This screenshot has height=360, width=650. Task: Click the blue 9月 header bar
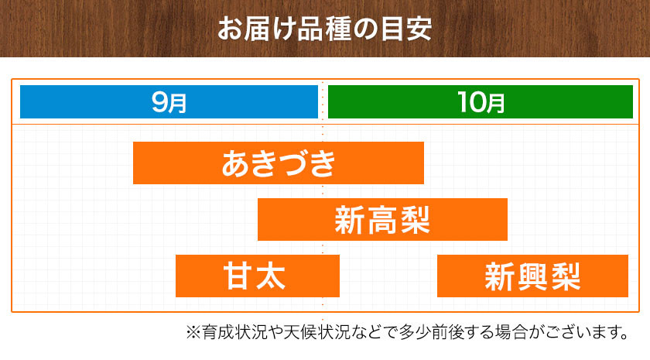[169, 102]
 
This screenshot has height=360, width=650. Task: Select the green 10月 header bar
[481, 102]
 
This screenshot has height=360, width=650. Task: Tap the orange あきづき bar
[279, 163]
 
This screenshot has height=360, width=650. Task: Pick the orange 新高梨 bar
[382, 219]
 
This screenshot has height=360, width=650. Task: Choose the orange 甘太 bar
[258, 276]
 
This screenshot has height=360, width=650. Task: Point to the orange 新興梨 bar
[532, 276]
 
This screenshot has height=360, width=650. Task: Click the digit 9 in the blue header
[159, 102]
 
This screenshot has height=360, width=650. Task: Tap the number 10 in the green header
[470, 102]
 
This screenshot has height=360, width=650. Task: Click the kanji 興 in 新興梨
[532, 276]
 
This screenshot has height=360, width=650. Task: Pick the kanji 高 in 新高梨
[382, 220]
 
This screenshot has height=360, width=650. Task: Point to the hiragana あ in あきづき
[236, 163]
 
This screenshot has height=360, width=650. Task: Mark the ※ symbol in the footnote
[193, 332]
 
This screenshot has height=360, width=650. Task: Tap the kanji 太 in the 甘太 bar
[271, 276]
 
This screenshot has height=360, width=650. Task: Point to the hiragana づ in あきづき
[293, 163]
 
